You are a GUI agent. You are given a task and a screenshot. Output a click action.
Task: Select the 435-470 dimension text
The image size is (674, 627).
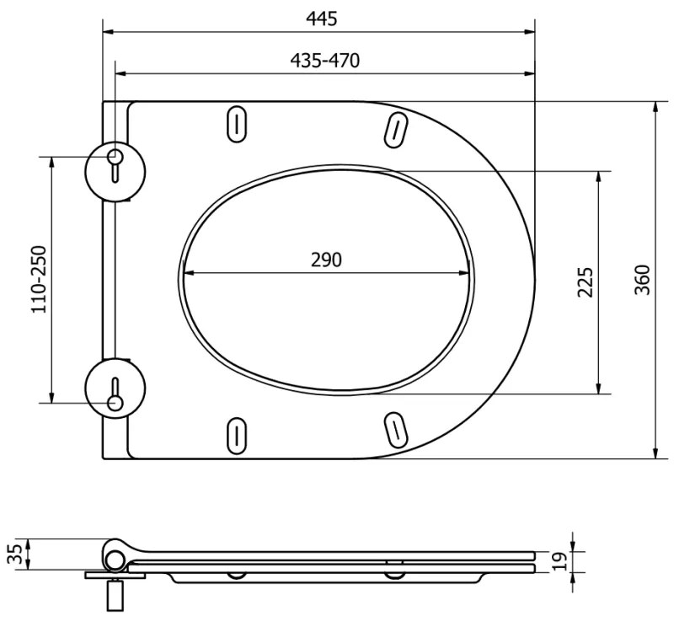tap(325, 61)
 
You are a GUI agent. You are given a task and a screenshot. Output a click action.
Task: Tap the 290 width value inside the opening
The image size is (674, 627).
tap(326, 260)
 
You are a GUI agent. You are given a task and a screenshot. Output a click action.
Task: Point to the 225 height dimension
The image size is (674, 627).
tap(586, 282)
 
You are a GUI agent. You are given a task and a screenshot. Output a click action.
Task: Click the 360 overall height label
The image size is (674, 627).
tap(642, 280)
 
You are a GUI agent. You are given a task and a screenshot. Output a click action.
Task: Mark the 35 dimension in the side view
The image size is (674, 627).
tap(14, 555)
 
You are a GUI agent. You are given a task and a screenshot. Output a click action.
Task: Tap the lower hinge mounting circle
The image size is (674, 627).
tap(115, 388)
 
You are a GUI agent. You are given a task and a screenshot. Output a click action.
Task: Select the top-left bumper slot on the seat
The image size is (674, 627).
tap(237, 122)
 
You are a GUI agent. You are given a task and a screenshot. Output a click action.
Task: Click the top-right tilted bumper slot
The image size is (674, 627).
tap(393, 127)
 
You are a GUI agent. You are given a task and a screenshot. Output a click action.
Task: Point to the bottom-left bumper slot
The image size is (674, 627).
tap(237, 434)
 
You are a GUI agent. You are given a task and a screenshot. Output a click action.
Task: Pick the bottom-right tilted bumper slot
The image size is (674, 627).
tap(393, 430)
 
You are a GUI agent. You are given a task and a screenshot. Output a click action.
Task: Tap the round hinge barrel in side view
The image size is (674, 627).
tap(114, 556)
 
